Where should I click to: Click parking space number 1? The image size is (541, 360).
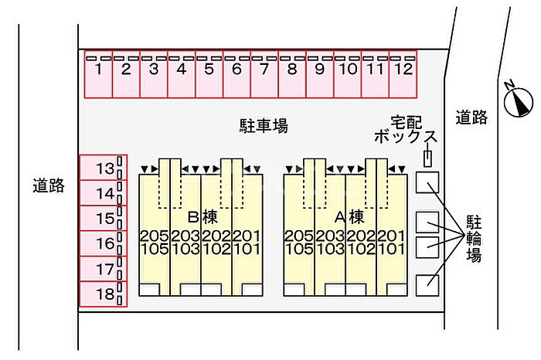tap(98, 74)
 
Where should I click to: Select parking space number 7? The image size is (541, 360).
tap(264, 74)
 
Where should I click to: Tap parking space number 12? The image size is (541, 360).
tap(403, 74)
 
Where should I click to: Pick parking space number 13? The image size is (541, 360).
tap(104, 168)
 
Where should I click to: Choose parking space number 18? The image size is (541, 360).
tap(104, 294)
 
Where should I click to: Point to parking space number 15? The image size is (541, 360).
tap(104, 219)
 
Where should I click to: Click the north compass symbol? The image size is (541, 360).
tap(519, 100)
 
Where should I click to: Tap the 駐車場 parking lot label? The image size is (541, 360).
tap(264, 126)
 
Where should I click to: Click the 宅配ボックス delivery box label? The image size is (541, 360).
tap(406, 130)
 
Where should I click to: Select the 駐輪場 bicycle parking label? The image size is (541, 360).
tap(474, 239)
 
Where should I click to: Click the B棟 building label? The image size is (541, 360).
tap(202, 217)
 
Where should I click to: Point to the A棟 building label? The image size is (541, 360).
tap(349, 217)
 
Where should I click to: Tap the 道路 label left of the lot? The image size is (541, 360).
tap(49, 185)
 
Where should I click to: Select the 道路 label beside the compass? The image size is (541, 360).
tap(471, 117)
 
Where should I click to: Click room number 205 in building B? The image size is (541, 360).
tap(155, 236)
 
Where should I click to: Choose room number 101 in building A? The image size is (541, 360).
tap(390, 249)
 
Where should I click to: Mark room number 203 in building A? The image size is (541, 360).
tap(330, 236)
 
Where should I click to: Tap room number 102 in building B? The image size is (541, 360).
tap(216, 249)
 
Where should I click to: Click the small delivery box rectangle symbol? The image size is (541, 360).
tap(427, 159)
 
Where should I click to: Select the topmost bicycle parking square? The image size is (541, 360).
tap(427, 182)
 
